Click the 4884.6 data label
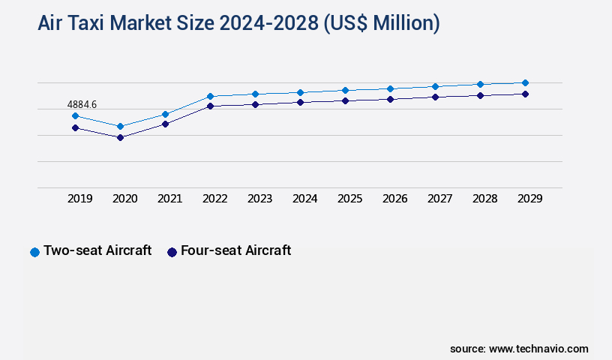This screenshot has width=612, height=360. click(x=82, y=104)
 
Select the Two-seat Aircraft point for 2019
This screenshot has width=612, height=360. click(x=75, y=115)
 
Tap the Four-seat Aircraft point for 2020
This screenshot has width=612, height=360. click(x=120, y=137)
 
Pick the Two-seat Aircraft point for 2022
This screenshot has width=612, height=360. click(x=210, y=96)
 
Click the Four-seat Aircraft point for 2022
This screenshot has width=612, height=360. click(x=210, y=106)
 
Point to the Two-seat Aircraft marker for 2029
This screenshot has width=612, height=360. click(x=525, y=82)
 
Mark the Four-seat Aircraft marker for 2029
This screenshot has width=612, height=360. click(x=525, y=94)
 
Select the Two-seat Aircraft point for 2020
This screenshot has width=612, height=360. click(x=120, y=126)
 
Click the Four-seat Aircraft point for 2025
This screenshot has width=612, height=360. click(x=345, y=100)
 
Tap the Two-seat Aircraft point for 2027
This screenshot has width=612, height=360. click(x=435, y=86)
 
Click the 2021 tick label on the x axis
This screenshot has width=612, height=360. click(x=169, y=199)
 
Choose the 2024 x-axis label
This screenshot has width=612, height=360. click(x=304, y=199)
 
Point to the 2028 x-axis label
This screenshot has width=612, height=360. click(x=484, y=199)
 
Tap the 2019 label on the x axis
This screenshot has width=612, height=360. click(x=79, y=199)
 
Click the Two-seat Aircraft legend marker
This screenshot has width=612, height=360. click(x=34, y=252)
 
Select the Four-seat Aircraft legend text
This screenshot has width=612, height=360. click(x=235, y=250)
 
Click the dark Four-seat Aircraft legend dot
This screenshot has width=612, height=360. click(x=172, y=252)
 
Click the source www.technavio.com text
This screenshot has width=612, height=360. click(x=519, y=349)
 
